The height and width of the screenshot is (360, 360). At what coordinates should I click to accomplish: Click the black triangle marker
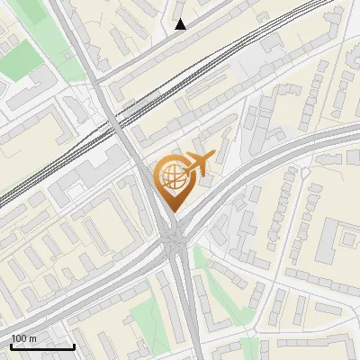pyautogui.click(x=181, y=24)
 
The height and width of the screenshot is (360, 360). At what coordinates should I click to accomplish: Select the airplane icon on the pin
pyautogui.click(x=197, y=164)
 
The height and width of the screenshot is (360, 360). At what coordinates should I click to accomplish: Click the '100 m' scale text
pyautogui.click(x=24, y=338)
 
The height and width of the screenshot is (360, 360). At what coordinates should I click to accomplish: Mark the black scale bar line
pyautogui.click(x=42, y=346)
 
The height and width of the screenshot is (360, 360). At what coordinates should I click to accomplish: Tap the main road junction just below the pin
pyautogui.click(x=175, y=238)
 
